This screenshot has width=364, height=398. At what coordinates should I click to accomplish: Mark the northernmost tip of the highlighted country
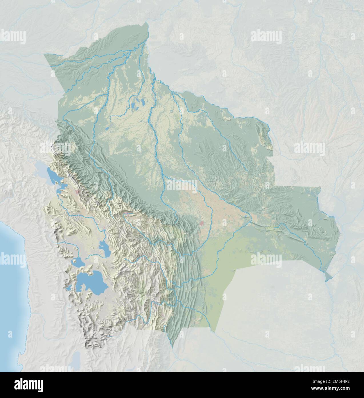(148, 24)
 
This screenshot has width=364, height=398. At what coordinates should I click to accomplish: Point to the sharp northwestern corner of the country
(45, 54)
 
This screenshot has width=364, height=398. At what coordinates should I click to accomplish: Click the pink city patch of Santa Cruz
(202, 223)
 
